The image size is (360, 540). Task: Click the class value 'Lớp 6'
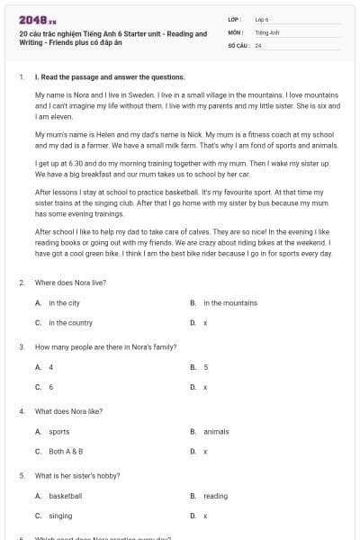pyautogui.click(x=261, y=19)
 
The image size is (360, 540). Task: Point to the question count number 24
pyautogui.click(x=258, y=45)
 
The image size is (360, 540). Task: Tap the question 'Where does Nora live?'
pyautogui.click(x=70, y=283)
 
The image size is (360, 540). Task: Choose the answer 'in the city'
pyautogui.click(x=64, y=303)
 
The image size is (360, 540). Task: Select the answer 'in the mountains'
pyautogui.click(x=229, y=303)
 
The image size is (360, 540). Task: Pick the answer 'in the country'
pyautogui.click(x=70, y=322)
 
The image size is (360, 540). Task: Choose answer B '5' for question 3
pyautogui.click(x=206, y=367)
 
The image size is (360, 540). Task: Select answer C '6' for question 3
pyautogui.click(x=51, y=387)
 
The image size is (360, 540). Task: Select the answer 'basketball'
pyautogui.click(x=65, y=496)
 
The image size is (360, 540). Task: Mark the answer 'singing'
pyautogui.click(x=60, y=516)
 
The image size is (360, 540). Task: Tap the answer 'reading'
pyautogui.click(x=215, y=496)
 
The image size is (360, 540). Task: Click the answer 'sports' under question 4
pyautogui.click(x=58, y=432)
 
